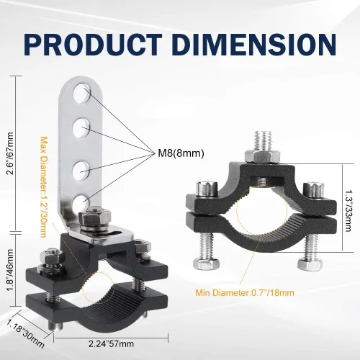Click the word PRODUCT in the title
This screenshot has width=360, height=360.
point(93,45)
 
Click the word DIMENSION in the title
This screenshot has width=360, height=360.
point(253,45)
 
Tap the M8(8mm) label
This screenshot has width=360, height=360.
point(181,153)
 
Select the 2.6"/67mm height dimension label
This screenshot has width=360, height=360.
point(10,153)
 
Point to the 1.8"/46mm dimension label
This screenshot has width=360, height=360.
point(10,270)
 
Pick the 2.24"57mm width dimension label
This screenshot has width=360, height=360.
point(111,343)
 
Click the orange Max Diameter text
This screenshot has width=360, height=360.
point(43,187)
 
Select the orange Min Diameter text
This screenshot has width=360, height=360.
point(245,293)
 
